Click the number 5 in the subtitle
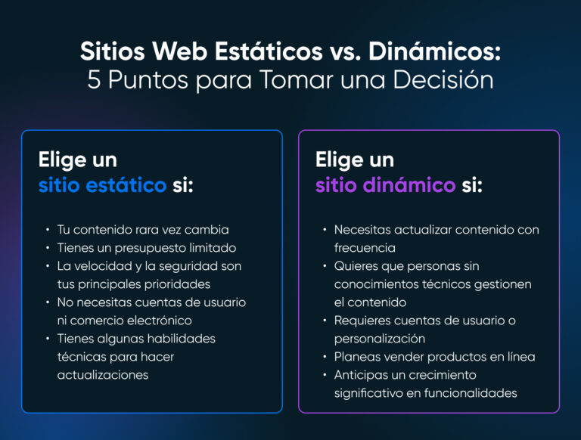tap(94, 80)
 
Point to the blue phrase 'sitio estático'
tap(102, 185)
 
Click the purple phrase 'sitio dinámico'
tap(385, 185)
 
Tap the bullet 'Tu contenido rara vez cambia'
tap(143, 229)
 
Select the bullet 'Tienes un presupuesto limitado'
tap(147, 247)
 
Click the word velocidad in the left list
tap(104, 266)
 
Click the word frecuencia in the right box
tap(365, 247)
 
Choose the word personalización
tap(380, 339)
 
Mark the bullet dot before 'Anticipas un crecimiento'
tap(325, 375)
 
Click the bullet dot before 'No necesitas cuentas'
tap(48, 302)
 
